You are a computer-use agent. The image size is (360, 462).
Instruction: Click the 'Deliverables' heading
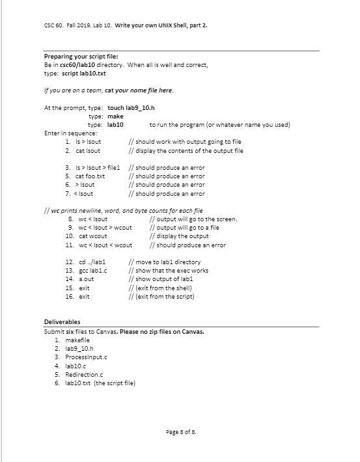coord(62,322)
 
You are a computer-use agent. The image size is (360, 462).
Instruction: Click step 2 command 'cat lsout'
coord(88,151)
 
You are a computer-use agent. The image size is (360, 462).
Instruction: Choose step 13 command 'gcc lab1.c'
coord(91,270)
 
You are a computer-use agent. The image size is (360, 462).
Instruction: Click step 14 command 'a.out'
coord(83,279)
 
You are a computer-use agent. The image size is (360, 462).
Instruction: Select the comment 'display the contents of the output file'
coord(189,151)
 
